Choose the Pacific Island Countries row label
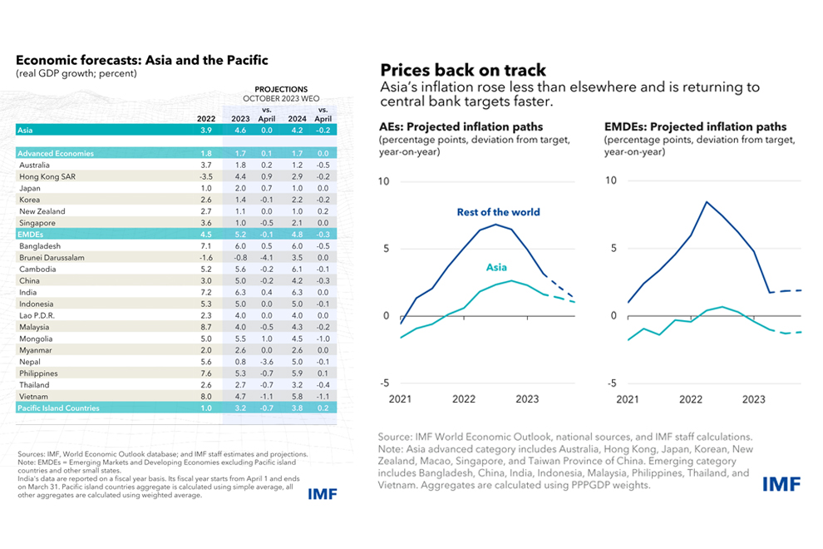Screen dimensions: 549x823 pos(58,408)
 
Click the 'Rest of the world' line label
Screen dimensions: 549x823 pos(498,212)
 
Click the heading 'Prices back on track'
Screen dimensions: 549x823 pos(462,70)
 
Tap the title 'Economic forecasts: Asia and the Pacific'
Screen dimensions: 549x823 pos(142,61)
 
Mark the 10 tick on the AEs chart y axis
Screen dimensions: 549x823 pos(383,181)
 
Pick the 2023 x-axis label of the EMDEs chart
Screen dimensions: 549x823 pos(753,399)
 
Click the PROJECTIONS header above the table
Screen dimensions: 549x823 pos(281,89)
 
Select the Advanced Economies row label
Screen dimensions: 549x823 pos(56,153)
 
